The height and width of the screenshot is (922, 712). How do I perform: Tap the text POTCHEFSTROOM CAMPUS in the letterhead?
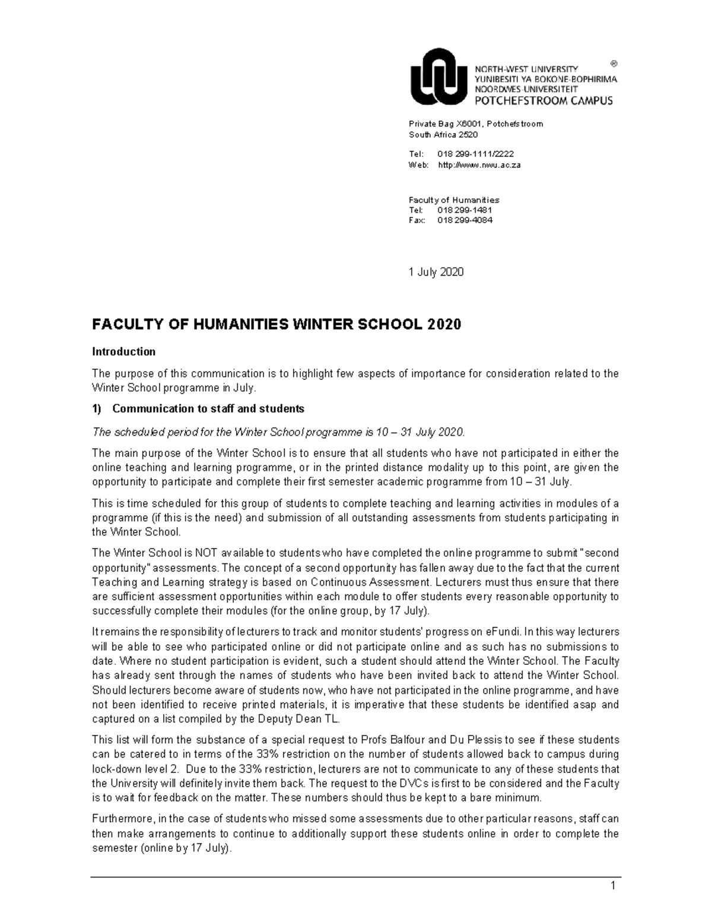click(x=543, y=101)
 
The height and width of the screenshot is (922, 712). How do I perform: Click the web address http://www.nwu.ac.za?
click(x=479, y=165)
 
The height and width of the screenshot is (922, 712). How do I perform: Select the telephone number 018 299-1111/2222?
click(x=475, y=154)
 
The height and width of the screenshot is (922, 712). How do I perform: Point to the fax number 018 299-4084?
click(x=465, y=220)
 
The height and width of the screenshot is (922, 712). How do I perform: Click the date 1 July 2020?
click(x=436, y=272)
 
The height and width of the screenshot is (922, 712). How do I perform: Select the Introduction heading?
click(x=123, y=351)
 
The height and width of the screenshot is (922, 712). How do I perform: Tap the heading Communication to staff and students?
click(x=208, y=408)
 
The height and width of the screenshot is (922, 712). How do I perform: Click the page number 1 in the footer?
click(x=614, y=887)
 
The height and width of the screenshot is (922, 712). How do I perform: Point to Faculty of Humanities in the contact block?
click(x=454, y=200)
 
